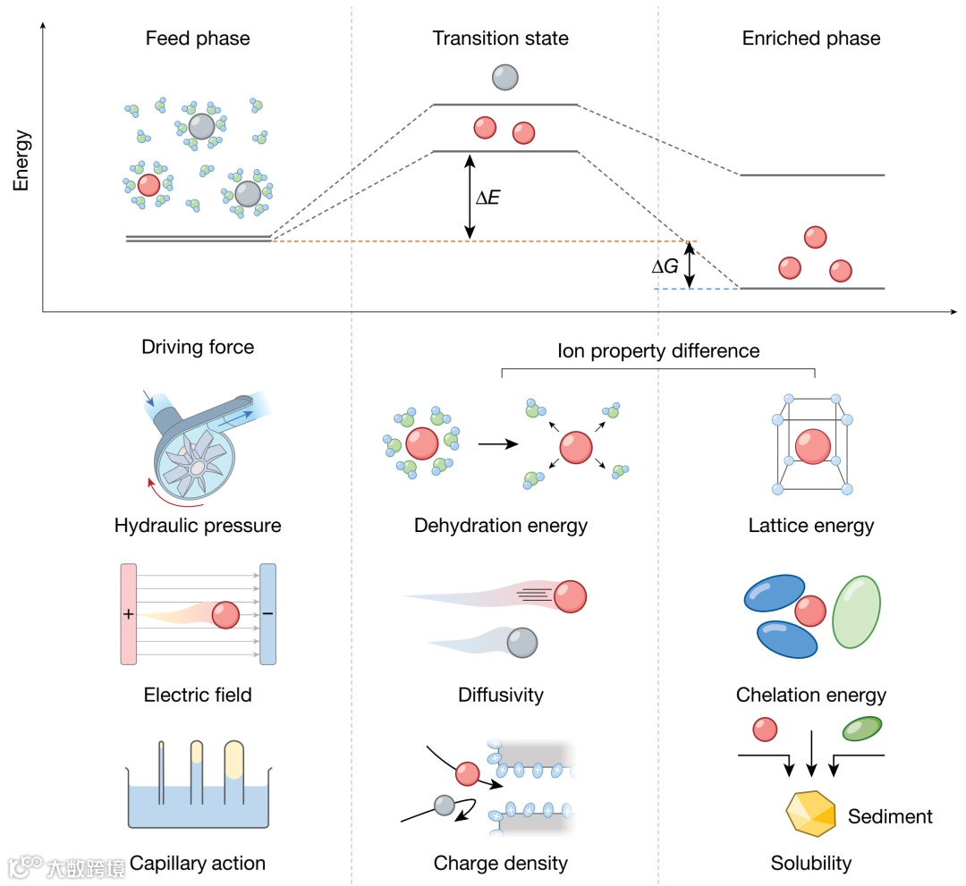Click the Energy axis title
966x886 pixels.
pos(22,161)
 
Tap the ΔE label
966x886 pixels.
pos(487,197)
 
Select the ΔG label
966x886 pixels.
pos(665,266)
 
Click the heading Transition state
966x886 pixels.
pos(500,38)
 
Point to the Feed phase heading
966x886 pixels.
pos(198,38)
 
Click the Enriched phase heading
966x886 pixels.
pos(811,38)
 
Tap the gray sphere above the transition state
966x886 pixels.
pos(505,78)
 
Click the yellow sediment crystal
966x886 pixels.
pos(810,813)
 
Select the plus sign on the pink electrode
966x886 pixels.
pos(128,615)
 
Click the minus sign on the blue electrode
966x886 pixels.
pos(267,615)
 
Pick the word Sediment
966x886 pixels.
pos(890,816)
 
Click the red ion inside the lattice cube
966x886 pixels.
pos(813,445)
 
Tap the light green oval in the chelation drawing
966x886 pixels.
pos(856,614)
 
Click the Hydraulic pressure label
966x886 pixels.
pos(198,525)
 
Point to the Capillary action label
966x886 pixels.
pos(198,863)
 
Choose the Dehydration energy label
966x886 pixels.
pos(501,525)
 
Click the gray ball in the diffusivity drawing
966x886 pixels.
pos(522,641)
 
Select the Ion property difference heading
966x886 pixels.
pos(657,350)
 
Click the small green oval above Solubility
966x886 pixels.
pos(863,728)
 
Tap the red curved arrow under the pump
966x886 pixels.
pos(165,494)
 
